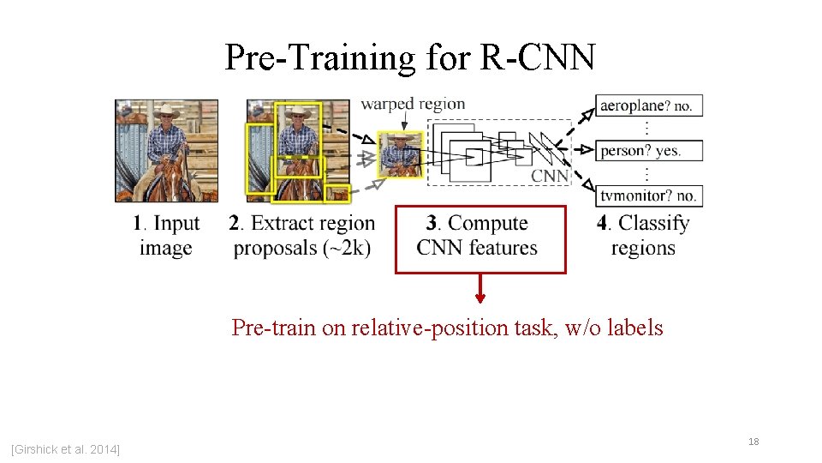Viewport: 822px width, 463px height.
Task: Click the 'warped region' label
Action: click(x=413, y=105)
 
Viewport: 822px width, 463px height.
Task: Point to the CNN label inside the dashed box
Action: click(x=550, y=175)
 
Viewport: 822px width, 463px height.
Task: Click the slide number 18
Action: click(x=753, y=442)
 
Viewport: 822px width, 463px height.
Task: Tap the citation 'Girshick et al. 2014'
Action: click(x=65, y=449)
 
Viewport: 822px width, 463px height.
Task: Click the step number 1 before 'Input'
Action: click(x=137, y=224)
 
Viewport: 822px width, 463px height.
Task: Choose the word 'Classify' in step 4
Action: click(x=653, y=224)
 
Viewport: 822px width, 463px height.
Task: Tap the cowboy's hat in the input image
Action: click(x=164, y=111)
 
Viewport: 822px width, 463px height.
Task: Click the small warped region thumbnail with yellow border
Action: click(x=400, y=154)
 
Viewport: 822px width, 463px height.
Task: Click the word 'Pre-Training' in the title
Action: click(x=319, y=57)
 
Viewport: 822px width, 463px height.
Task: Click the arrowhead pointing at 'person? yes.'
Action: click(x=587, y=150)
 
